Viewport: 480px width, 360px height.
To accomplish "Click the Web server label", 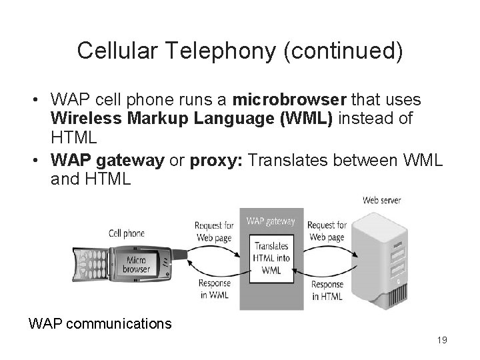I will click(387, 199).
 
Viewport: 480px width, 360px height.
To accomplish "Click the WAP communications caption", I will click(100, 324).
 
